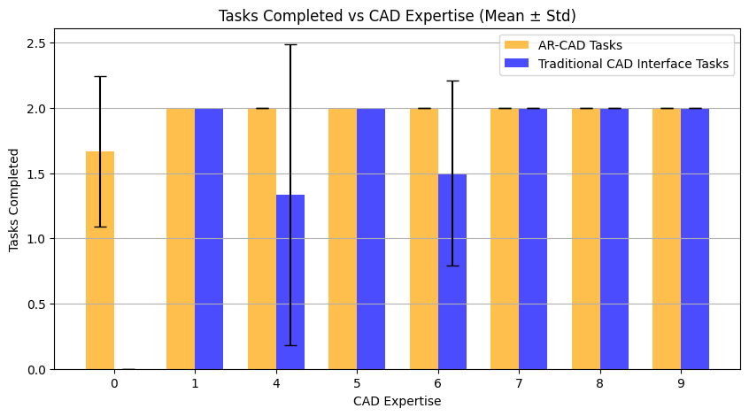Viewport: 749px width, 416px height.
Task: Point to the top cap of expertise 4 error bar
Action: pyautogui.click(x=290, y=44)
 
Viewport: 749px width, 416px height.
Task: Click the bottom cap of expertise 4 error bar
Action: pyautogui.click(x=290, y=345)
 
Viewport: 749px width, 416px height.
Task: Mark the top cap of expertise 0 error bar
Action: pyautogui.click(x=100, y=77)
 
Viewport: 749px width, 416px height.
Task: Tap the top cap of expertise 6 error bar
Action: pyautogui.click(x=452, y=81)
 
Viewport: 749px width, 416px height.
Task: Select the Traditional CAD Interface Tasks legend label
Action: pyautogui.click(x=632, y=64)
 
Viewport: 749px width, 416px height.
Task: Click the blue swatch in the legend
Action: pyautogui.click(x=516, y=64)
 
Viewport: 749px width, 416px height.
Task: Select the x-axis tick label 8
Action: pyautogui.click(x=600, y=383)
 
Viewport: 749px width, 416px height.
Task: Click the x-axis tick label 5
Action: pyautogui.click(x=357, y=383)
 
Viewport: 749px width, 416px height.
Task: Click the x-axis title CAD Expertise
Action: pyautogui.click(x=398, y=401)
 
